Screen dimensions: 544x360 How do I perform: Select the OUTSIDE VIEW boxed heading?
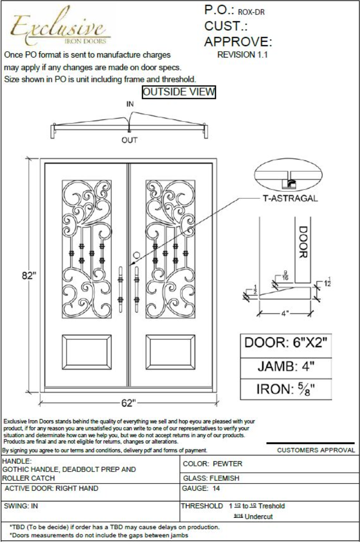(179, 92)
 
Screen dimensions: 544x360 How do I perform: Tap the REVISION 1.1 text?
(243, 55)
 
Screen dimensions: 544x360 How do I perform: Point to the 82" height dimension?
(29, 275)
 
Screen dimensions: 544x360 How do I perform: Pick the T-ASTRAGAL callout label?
(289, 199)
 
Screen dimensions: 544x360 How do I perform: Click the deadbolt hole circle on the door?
(137, 255)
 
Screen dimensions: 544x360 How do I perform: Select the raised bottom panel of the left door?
(86, 350)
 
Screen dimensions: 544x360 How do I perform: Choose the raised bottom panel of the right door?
(171, 350)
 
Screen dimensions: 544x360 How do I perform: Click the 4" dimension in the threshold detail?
(285, 314)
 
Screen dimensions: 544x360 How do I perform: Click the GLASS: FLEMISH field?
(211, 478)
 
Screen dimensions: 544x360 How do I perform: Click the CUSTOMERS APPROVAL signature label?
(316, 450)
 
